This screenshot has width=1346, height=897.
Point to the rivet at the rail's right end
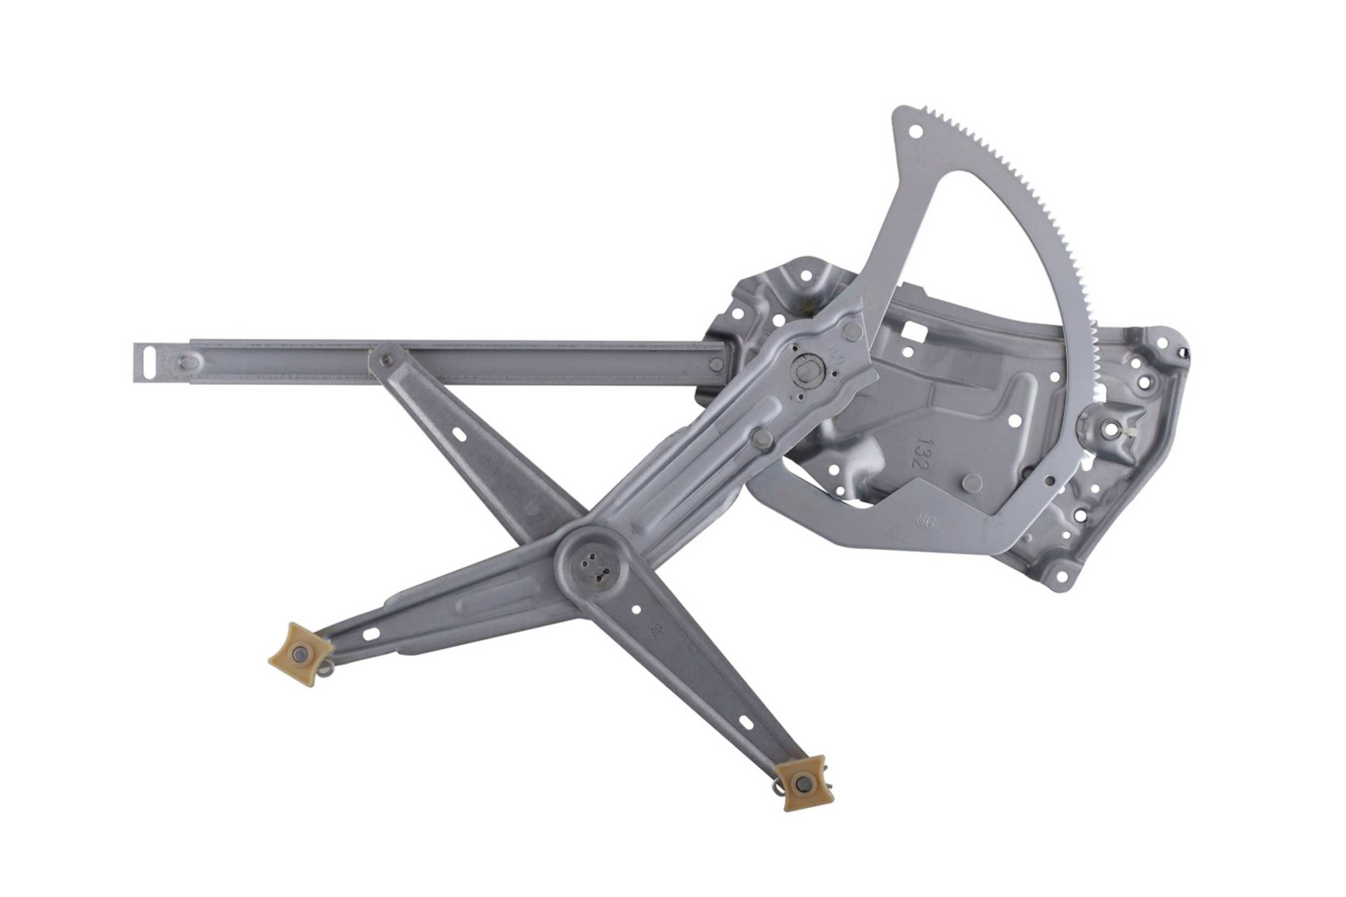click(716, 364)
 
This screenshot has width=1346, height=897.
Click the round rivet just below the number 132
click(971, 483)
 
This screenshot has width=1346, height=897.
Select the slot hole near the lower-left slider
click(371, 633)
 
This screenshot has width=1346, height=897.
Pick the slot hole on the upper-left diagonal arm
click(460, 433)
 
